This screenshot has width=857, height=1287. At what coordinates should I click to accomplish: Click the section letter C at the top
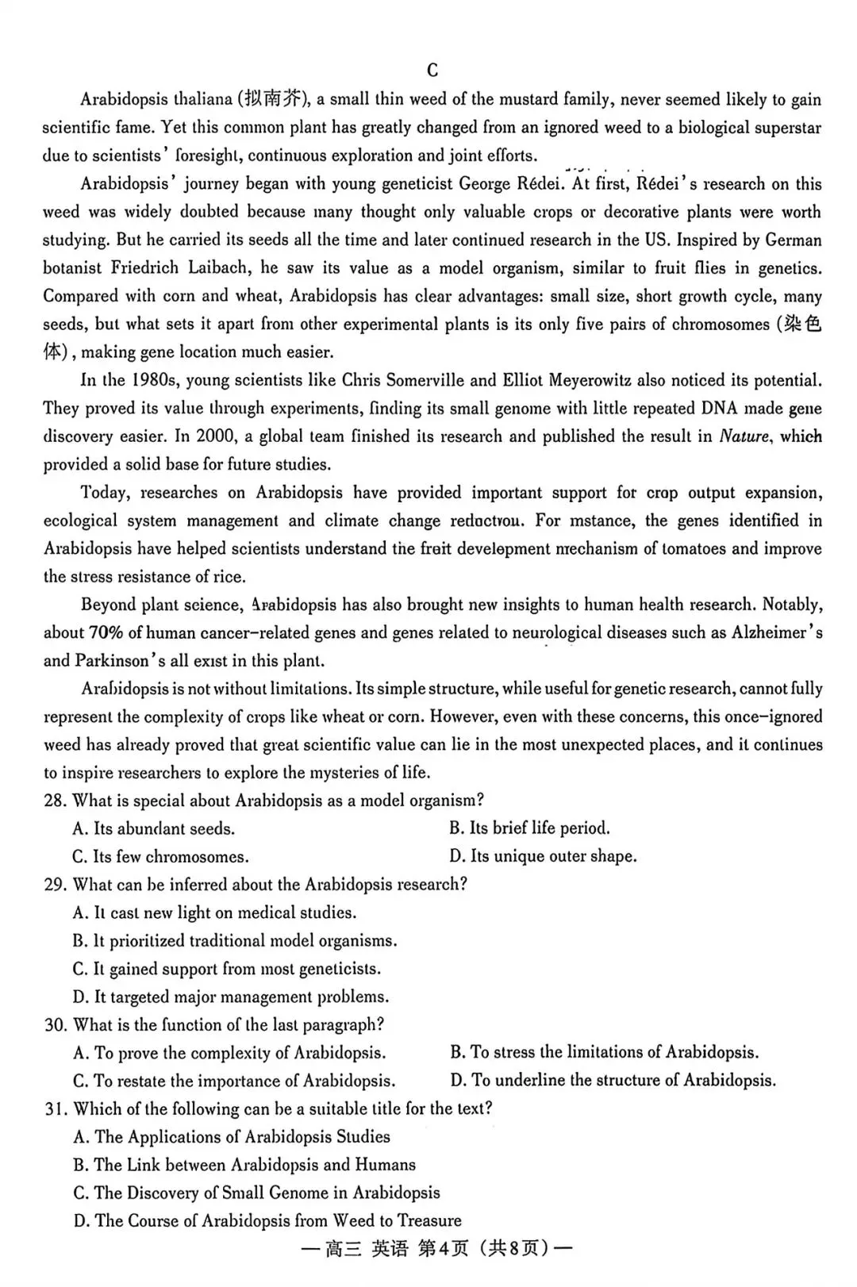(x=432, y=71)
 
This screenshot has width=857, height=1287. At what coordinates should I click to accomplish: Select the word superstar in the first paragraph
(x=784, y=128)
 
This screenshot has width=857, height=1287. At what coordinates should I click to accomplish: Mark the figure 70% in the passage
(x=106, y=632)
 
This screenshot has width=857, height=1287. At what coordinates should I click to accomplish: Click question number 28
(x=55, y=801)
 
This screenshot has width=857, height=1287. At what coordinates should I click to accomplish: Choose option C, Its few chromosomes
(x=160, y=857)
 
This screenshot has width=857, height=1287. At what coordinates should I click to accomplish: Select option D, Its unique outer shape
(x=543, y=856)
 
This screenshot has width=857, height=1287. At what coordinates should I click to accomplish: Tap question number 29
(x=55, y=885)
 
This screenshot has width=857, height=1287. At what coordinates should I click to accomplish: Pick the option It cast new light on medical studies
(x=215, y=912)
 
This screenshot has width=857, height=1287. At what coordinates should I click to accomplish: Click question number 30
(x=56, y=1025)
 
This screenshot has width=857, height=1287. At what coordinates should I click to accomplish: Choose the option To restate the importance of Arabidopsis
(x=234, y=1081)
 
